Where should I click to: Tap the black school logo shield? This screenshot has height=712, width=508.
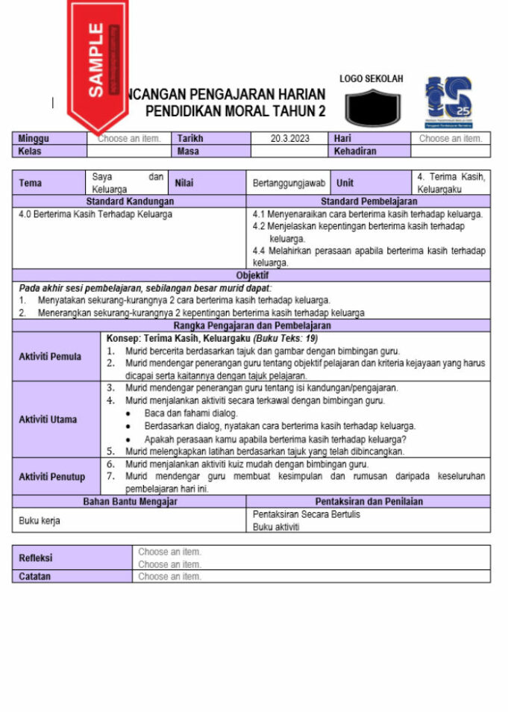pos(372,107)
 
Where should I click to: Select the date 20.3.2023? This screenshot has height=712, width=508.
pos(290,139)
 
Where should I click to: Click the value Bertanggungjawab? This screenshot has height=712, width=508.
pos(289,183)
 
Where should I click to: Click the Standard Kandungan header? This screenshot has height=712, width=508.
pos(129,202)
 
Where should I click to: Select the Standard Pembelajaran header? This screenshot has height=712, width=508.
pos(369,202)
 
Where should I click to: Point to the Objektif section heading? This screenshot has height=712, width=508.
pos(251,275)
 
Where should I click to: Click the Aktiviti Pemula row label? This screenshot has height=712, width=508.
pos(50,357)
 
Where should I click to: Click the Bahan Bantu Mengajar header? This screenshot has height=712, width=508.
pos(129,502)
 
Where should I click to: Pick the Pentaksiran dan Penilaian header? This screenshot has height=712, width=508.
pos(369,502)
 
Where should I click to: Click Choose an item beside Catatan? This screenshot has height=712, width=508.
pos(170,577)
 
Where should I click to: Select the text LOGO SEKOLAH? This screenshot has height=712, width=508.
pos(371,78)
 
